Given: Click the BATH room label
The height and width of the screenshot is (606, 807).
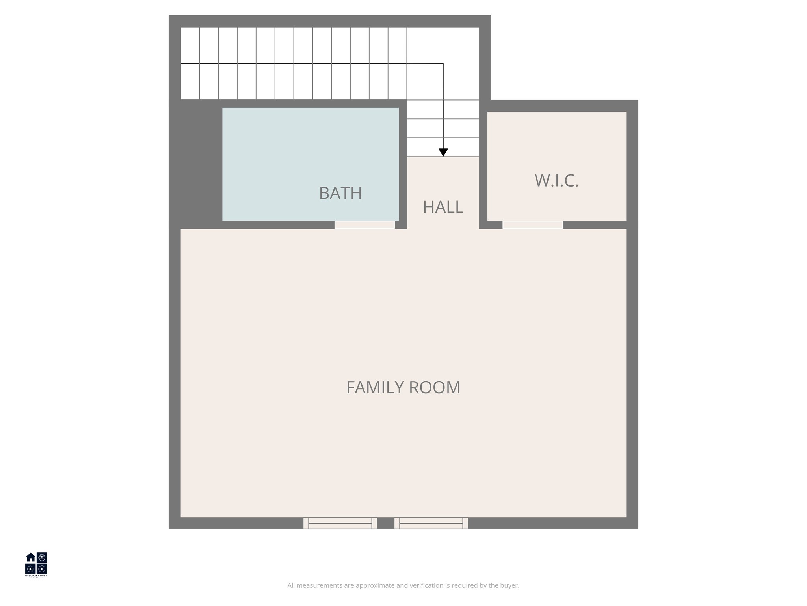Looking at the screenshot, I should pyautogui.click(x=340, y=193).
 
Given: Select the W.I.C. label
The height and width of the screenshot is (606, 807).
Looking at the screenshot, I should pyautogui.click(x=556, y=181).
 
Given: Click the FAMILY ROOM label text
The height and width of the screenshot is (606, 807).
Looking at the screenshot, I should pyautogui.click(x=403, y=387).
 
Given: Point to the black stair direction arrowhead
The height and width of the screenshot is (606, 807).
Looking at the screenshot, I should pyautogui.click(x=443, y=153).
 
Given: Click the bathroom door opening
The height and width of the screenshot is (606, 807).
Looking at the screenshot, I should pyautogui.click(x=364, y=225).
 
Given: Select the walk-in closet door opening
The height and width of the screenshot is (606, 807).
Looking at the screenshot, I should pyautogui.click(x=532, y=225).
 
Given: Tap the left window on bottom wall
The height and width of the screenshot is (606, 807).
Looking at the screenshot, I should pyautogui.click(x=340, y=523).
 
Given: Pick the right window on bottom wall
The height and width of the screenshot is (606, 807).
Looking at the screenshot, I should pyautogui.click(x=431, y=523).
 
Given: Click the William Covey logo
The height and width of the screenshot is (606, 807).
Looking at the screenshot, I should pyautogui.click(x=36, y=565).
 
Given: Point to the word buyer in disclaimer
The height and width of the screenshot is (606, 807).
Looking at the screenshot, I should pyautogui.click(x=510, y=585).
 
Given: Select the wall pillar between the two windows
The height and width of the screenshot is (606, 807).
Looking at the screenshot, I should pyautogui.click(x=386, y=523).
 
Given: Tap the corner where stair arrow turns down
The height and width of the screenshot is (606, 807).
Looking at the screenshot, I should pyautogui.click(x=443, y=64).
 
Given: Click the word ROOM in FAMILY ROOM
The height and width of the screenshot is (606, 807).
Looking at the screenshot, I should pyautogui.click(x=435, y=387).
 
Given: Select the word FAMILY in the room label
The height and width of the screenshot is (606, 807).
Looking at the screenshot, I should pyautogui.click(x=375, y=387).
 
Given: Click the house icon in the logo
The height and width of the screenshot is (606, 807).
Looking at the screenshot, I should pyautogui.click(x=31, y=557).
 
